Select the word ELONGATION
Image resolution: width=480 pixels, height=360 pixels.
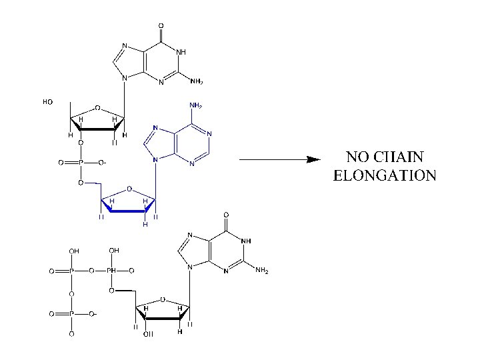pyautogui.click(x=384, y=177)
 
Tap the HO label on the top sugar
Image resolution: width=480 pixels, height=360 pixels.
pyautogui.click(x=47, y=102)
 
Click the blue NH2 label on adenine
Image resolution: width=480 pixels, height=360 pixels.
pyautogui.click(x=196, y=106)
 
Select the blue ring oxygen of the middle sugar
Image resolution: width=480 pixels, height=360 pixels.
pyautogui.click(x=129, y=188)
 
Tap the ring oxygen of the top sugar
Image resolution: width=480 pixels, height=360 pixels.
pyautogui.click(x=97, y=107)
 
